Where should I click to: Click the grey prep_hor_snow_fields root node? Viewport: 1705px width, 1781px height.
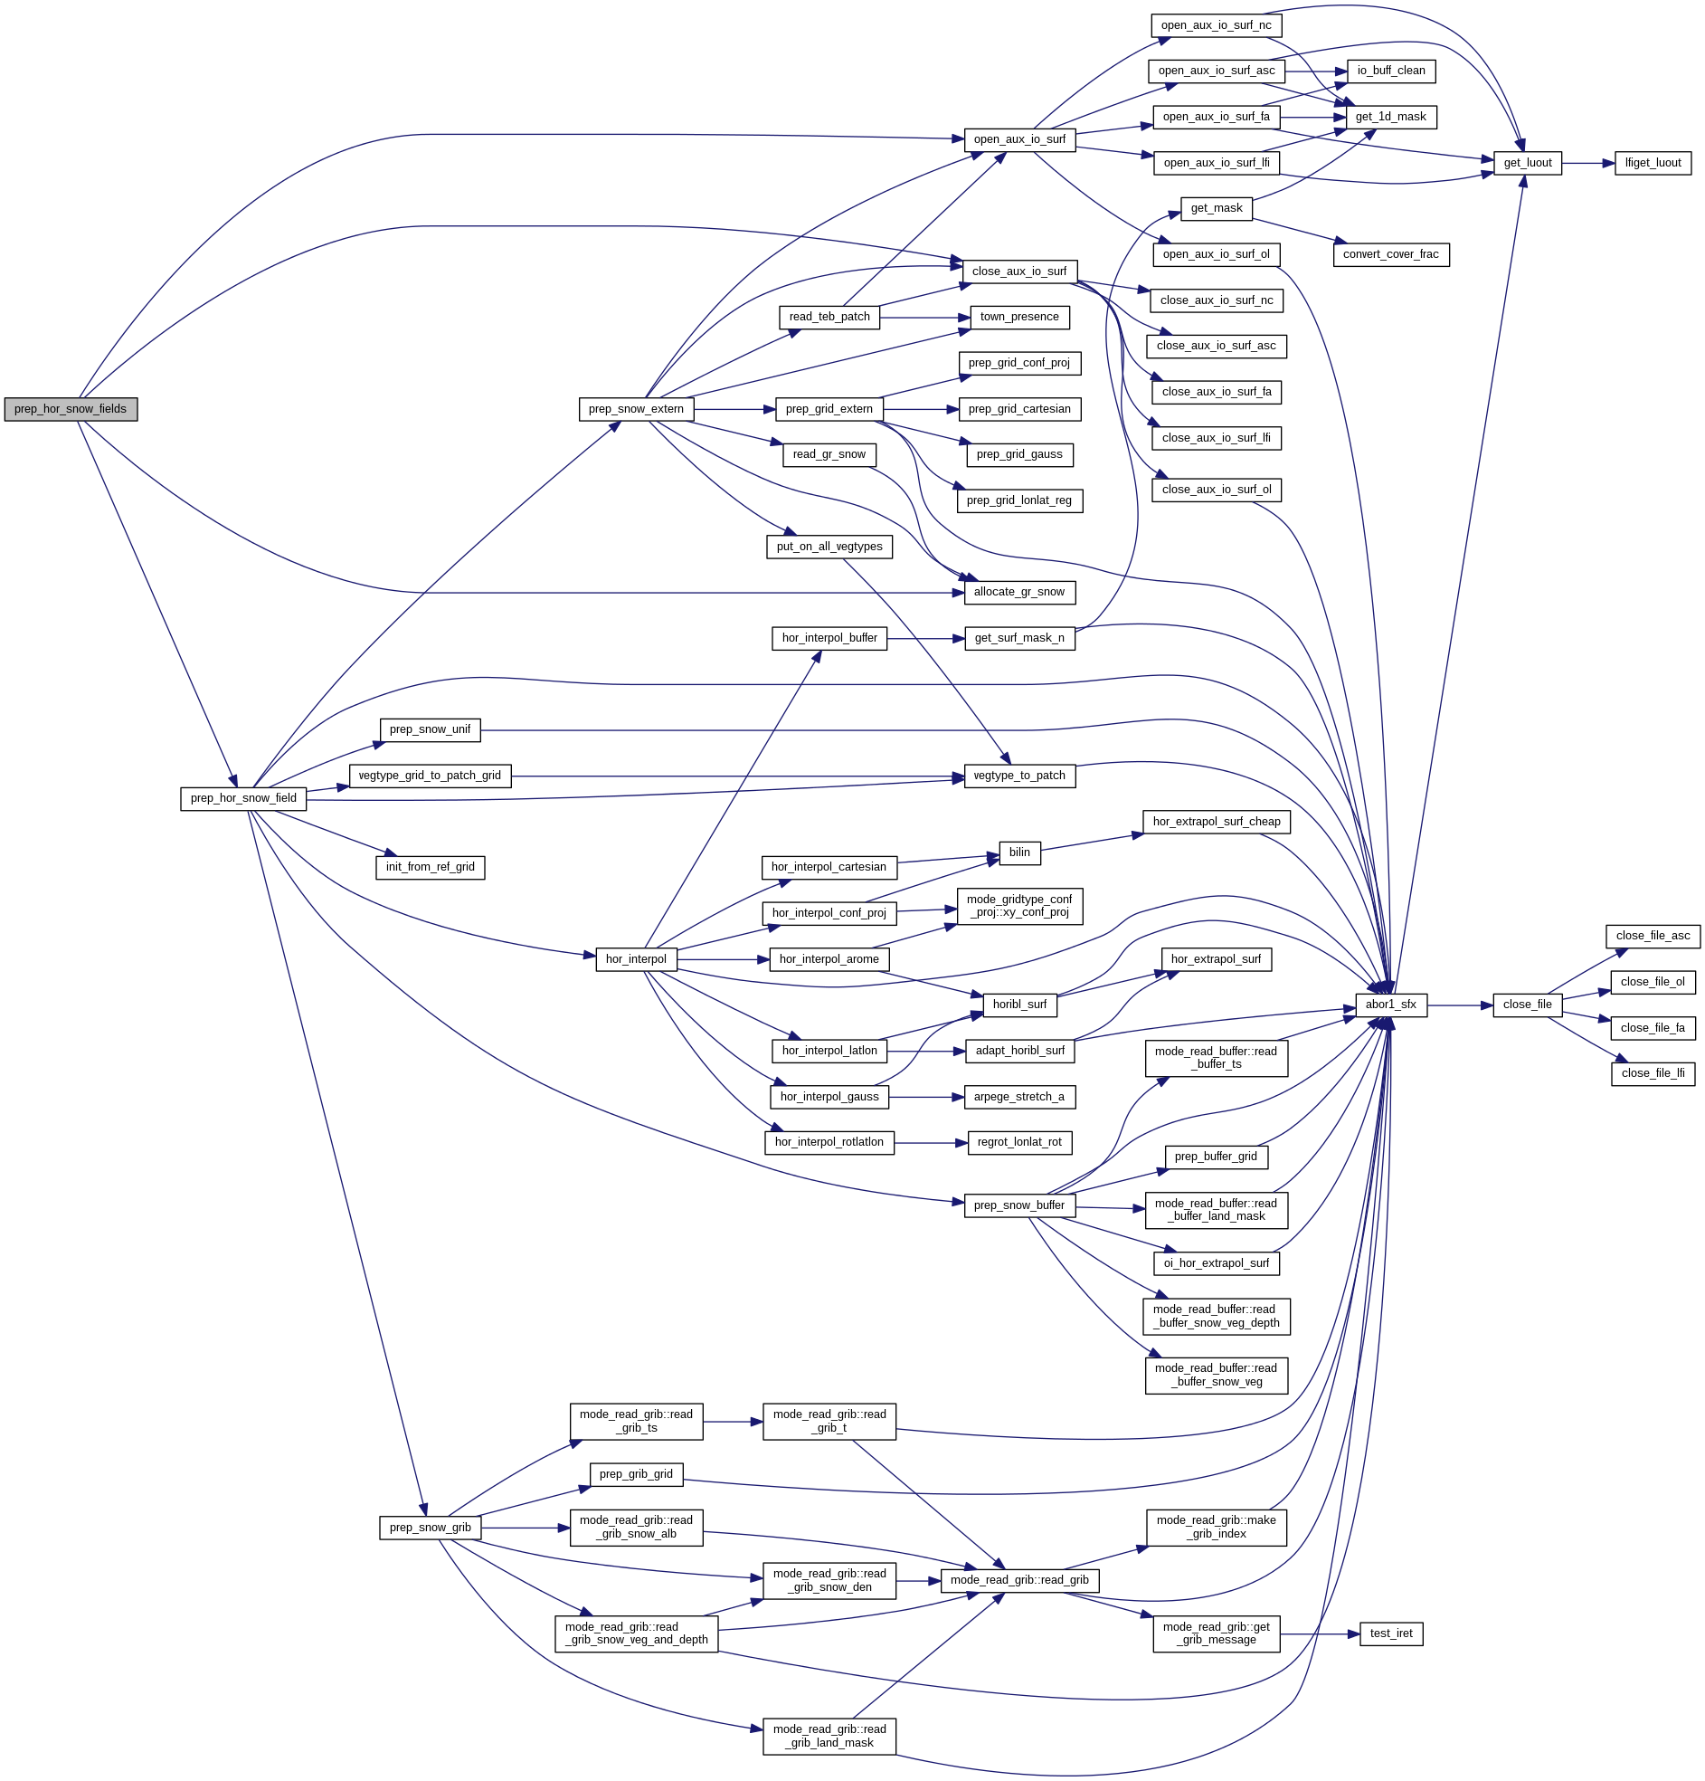click(71, 409)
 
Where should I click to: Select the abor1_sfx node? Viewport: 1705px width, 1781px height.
click(1390, 1005)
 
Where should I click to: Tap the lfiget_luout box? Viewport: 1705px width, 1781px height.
click(1652, 163)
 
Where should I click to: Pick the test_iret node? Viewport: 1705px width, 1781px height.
click(1390, 1633)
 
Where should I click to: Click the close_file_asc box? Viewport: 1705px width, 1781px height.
click(1652, 935)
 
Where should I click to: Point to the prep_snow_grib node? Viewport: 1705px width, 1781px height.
click(430, 1527)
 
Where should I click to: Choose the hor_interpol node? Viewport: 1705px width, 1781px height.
click(636, 958)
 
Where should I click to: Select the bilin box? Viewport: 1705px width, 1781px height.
click(1019, 852)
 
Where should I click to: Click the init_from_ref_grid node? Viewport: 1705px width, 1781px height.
click(430, 866)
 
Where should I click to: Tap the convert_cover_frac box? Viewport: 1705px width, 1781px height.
click(1390, 253)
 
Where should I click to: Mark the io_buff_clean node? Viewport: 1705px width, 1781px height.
click(1390, 70)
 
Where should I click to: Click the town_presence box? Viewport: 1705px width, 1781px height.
click(1019, 316)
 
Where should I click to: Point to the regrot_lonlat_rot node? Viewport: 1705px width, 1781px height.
click(1019, 1141)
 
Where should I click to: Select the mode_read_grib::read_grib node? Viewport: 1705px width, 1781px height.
click(1019, 1579)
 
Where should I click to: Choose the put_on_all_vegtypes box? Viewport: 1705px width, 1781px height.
click(829, 546)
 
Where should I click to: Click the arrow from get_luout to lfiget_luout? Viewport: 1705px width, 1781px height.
click(1587, 164)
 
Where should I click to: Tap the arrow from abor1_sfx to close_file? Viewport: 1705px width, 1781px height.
click(1459, 1005)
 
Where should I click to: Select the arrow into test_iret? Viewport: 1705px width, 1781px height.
click(1319, 1633)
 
